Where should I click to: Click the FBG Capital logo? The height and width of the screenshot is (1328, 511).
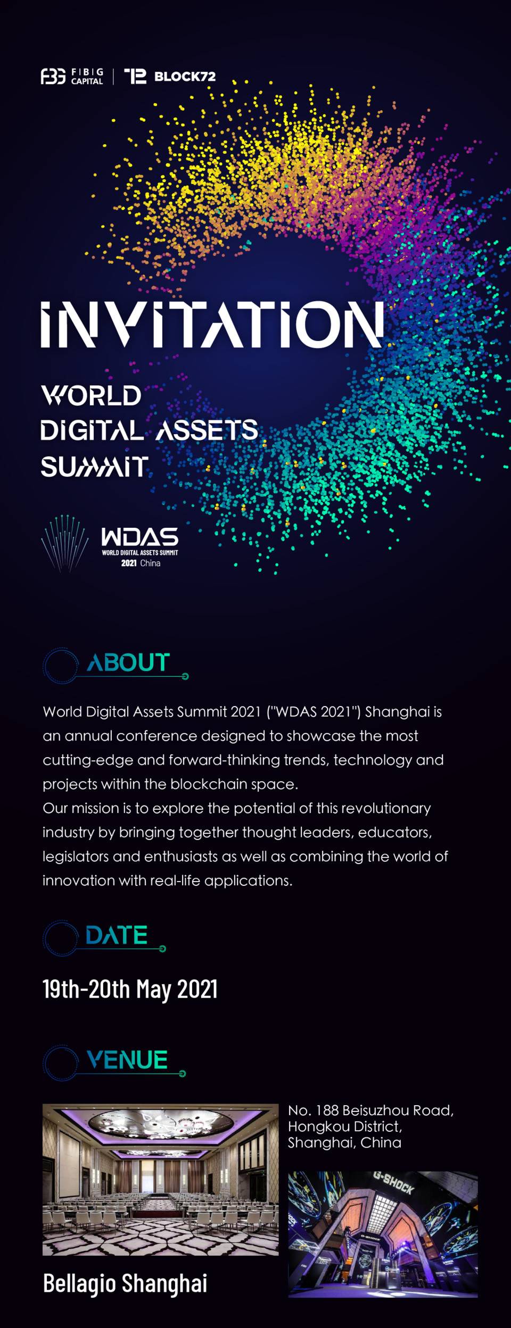click(72, 77)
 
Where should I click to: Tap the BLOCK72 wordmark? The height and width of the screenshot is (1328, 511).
click(185, 77)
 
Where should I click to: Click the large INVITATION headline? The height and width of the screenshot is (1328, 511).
click(212, 324)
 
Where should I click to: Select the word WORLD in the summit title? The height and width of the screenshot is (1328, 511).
click(92, 395)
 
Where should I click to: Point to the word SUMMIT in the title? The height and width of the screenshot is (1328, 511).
click(94, 467)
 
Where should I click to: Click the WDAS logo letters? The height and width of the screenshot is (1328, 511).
click(140, 537)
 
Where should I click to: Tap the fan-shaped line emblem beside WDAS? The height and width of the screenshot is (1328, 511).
click(64, 543)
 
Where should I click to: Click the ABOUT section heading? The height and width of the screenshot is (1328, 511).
click(128, 662)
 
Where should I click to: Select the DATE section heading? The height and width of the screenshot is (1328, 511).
click(117, 935)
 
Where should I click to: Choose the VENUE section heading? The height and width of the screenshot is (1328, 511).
click(127, 1059)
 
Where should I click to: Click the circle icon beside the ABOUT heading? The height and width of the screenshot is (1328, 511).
click(61, 666)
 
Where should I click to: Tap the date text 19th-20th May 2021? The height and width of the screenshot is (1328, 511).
click(130, 989)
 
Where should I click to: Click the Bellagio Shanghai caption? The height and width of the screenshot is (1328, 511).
click(125, 1283)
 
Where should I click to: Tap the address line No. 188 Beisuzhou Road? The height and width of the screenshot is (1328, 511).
click(371, 1110)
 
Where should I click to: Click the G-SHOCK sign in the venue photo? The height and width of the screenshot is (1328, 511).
click(393, 1183)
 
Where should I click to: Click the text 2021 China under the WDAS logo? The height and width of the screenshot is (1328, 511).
click(141, 563)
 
